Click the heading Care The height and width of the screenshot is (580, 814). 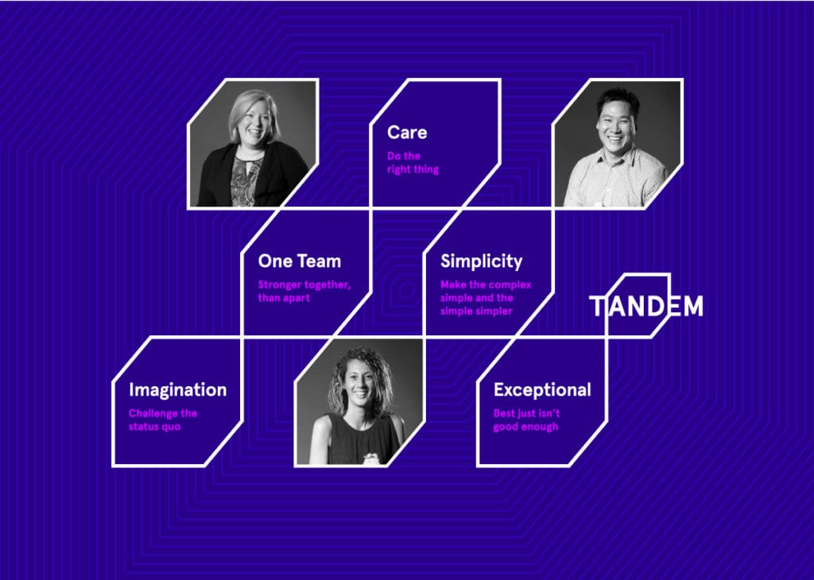tap(406, 133)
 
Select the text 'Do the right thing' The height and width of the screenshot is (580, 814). tap(413, 163)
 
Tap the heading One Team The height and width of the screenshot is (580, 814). tap(299, 261)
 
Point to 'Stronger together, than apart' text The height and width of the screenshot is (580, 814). tap(304, 292)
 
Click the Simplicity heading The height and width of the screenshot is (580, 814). tap(481, 261)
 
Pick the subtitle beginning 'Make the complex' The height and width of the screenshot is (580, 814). tap(486, 298)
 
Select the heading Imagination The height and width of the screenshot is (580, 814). tap(177, 390)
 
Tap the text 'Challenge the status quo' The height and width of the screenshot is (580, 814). tap(163, 420)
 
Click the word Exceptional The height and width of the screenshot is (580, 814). tap(542, 390)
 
